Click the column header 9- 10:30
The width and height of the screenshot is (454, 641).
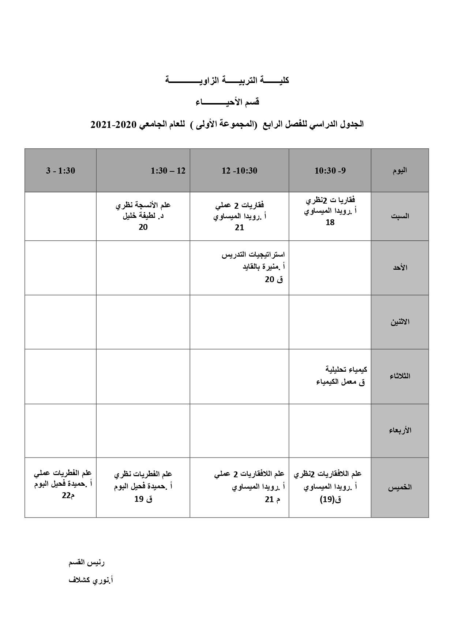click(330, 171)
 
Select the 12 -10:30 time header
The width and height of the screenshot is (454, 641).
click(239, 171)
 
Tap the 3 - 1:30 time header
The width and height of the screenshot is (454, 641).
click(60, 171)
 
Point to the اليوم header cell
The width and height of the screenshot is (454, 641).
click(399, 171)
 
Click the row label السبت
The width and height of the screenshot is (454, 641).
click(400, 216)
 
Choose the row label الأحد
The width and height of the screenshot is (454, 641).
click(400, 268)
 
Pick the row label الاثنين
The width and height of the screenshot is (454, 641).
click(400, 322)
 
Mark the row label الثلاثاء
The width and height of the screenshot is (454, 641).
click(400, 376)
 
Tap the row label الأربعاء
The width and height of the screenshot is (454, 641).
click(400, 430)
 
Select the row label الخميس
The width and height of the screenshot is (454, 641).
click(400, 487)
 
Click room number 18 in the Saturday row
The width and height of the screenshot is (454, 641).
click(330, 222)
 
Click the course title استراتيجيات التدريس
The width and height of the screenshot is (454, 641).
click(253, 255)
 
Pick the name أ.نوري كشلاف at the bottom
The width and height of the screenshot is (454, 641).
click(91, 580)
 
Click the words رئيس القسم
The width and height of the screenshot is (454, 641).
click(87, 562)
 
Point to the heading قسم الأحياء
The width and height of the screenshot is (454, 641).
click(227, 102)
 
